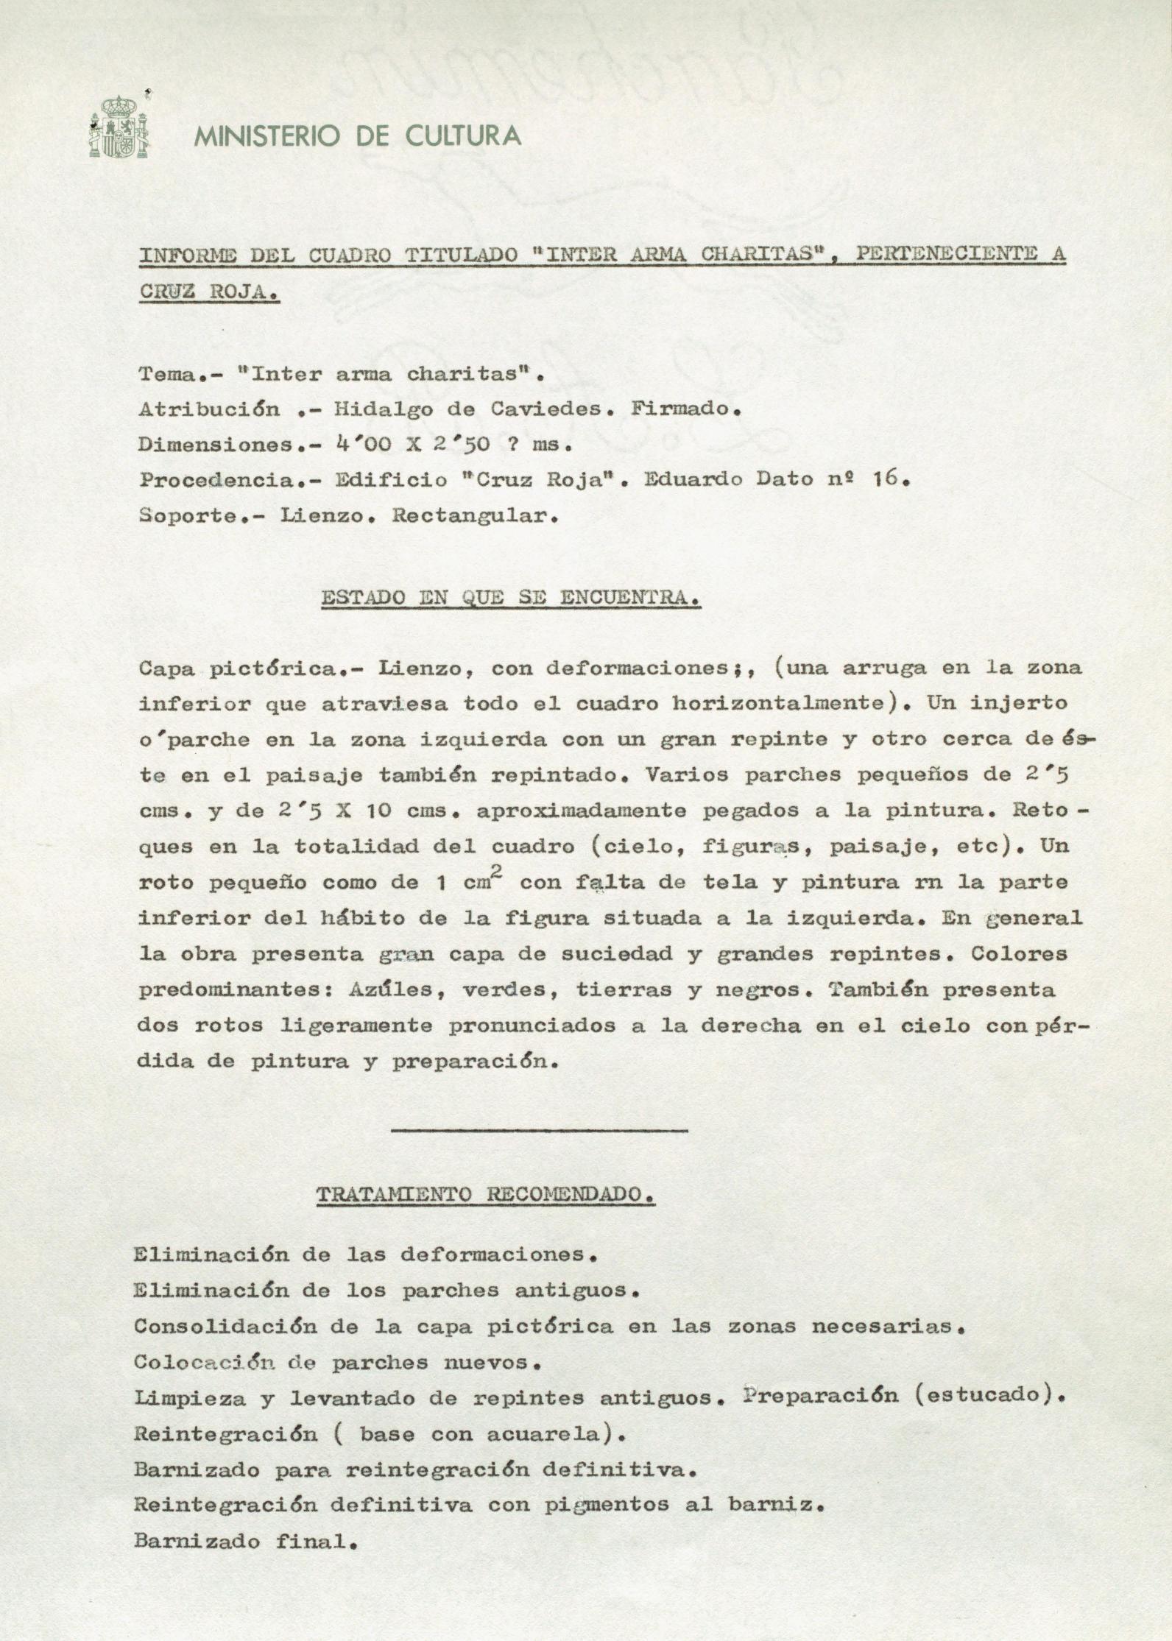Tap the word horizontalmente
coord(777,703)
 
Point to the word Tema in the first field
coord(168,374)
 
